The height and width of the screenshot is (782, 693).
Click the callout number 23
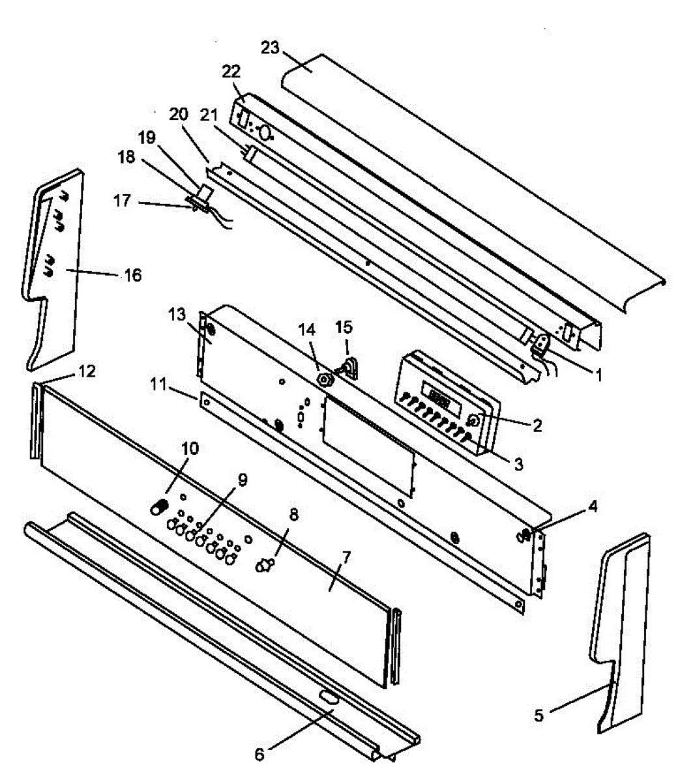(x=270, y=48)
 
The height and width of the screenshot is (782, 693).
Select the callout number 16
(x=133, y=276)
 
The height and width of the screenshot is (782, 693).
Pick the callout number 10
(x=190, y=449)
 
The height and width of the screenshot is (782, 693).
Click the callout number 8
(x=294, y=515)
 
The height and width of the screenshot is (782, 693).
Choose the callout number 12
(x=87, y=371)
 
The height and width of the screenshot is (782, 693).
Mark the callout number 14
(x=306, y=330)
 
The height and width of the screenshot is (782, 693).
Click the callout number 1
(x=598, y=375)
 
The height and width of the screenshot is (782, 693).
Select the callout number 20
(x=179, y=114)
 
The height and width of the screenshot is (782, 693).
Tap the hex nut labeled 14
(x=323, y=380)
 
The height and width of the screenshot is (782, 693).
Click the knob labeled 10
(x=159, y=507)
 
